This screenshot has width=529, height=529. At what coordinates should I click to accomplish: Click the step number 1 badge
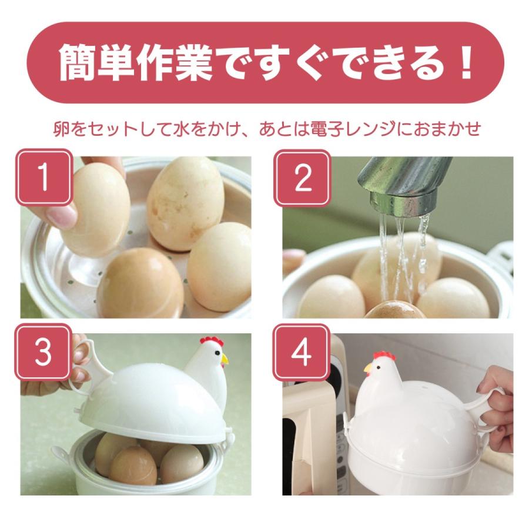tap(44, 178)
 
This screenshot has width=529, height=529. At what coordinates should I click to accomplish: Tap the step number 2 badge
tap(302, 178)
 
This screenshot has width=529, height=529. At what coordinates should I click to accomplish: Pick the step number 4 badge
tap(302, 353)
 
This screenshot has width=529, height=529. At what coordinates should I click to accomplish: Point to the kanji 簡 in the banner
tap(78, 63)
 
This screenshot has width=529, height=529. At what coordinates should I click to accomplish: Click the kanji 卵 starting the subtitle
tap(62, 129)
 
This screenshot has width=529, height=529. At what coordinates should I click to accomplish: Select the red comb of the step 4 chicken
tap(384, 356)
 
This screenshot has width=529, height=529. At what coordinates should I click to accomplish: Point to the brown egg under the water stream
tap(395, 311)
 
